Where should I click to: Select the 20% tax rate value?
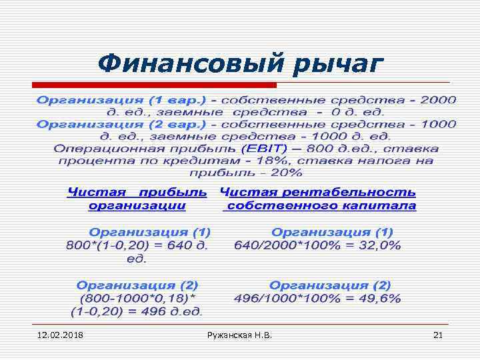pos(287,173)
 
